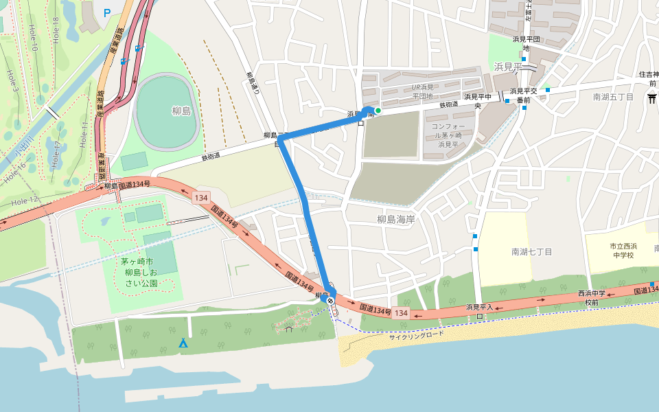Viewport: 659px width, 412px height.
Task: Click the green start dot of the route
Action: coord(378,110)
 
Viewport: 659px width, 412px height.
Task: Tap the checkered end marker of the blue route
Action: coord(331,300)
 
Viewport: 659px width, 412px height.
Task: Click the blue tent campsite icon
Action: coord(183,343)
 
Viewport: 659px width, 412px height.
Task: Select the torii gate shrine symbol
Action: coord(651,98)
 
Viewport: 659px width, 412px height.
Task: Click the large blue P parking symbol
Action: coord(107,12)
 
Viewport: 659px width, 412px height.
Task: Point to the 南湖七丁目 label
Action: coord(532,252)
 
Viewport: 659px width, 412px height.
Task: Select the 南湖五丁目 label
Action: coord(614,97)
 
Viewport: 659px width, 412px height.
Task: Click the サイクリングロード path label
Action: coord(417,335)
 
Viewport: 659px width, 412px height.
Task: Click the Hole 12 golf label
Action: coord(25,200)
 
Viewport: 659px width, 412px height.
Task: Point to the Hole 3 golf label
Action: coord(11,80)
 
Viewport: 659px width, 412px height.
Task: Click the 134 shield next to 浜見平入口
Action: coord(402,313)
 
